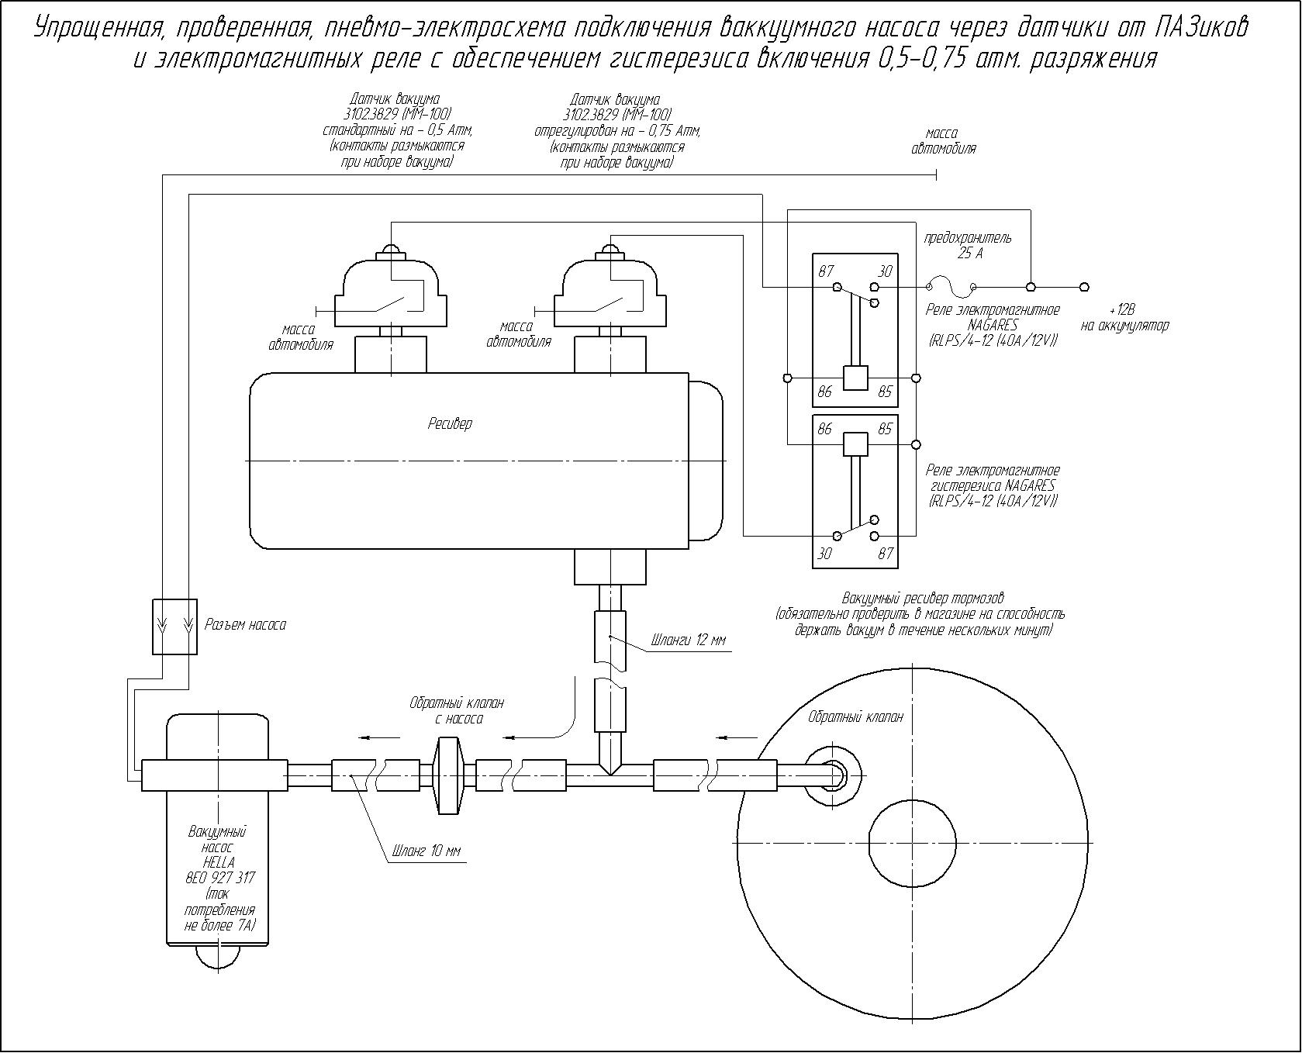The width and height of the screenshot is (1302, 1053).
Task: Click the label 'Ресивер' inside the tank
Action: click(x=450, y=424)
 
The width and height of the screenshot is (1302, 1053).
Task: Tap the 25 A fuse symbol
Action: click(x=952, y=286)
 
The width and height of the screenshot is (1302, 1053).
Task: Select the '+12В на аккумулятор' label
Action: click(x=1124, y=318)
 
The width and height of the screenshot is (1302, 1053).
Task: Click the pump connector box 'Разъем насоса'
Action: click(x=174, y=627)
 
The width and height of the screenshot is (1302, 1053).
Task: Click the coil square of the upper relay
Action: click(x=855, y=378)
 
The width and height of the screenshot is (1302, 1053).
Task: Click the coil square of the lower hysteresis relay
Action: click(x=855, y=444)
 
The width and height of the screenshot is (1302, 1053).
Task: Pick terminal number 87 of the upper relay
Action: click(x=826, y=271)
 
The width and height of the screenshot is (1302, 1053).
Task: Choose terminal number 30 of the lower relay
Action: click(x=825, y=554)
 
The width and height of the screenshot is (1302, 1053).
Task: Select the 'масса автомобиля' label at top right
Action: click(x=943, y=141)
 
